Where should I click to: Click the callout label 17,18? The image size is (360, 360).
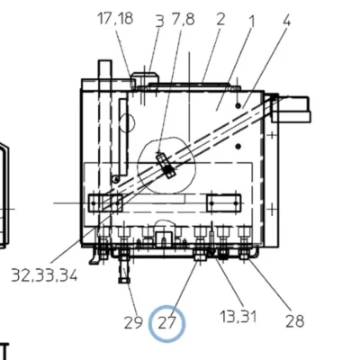tap(115, 18)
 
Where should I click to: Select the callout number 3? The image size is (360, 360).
tap(160, 22)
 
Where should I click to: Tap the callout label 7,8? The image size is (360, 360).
tap(183, 19)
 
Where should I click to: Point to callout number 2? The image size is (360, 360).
tap(220, 19)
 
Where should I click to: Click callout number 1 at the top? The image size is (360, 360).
tap(251, 21)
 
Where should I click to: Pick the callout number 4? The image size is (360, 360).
tap(286, 21)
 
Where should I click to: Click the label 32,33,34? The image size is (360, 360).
tap(44, 274)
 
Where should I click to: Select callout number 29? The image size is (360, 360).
tap(133, 323)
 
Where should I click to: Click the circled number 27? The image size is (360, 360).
tap(166, 323)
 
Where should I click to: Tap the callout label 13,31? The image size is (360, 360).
tap(238, 317)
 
